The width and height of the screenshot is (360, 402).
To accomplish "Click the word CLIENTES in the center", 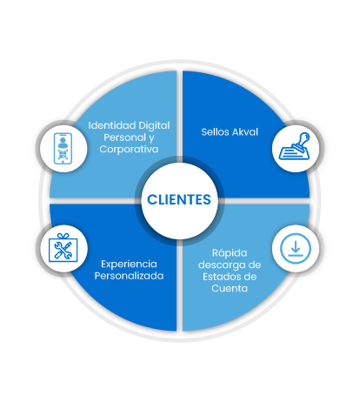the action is coord(179,199).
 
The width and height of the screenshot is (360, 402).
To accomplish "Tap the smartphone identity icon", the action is coord(63,149).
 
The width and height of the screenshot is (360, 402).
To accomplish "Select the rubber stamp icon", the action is coord(295,146).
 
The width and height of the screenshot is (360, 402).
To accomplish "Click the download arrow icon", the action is coord(296,249).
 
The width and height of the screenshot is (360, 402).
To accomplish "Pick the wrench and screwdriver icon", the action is coord(63,247).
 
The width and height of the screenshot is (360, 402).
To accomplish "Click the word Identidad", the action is coord(112,125).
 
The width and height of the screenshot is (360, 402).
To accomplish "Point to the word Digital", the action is coord(154,125).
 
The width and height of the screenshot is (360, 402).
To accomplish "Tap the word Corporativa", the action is coord(129,150).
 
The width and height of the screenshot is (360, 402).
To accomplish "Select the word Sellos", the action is coord(215,132).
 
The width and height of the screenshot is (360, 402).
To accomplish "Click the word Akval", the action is coord(245,132).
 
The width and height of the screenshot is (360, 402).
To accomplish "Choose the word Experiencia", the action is coord(129,265).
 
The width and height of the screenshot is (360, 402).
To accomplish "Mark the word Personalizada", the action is coord(129,276).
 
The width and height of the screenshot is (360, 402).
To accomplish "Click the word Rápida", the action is coord(230,253).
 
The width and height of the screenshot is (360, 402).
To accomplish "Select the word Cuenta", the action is coord(230,289).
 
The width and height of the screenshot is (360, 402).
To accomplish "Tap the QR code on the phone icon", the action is coord(63,155).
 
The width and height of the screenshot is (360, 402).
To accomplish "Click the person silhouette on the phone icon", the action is coord(63,142).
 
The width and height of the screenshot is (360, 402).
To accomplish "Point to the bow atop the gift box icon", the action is coord(63,236).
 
